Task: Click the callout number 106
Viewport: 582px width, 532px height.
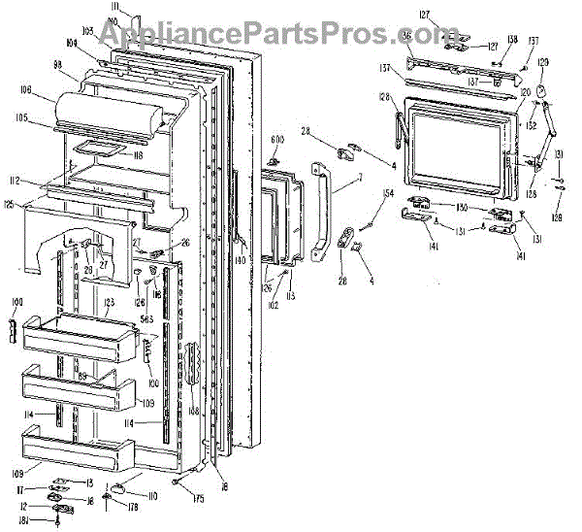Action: click(23, 93)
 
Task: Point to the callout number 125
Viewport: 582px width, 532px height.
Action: click(9, 204)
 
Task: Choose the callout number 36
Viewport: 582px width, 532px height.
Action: click(404, 35)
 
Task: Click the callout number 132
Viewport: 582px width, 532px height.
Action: click(531, 125)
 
